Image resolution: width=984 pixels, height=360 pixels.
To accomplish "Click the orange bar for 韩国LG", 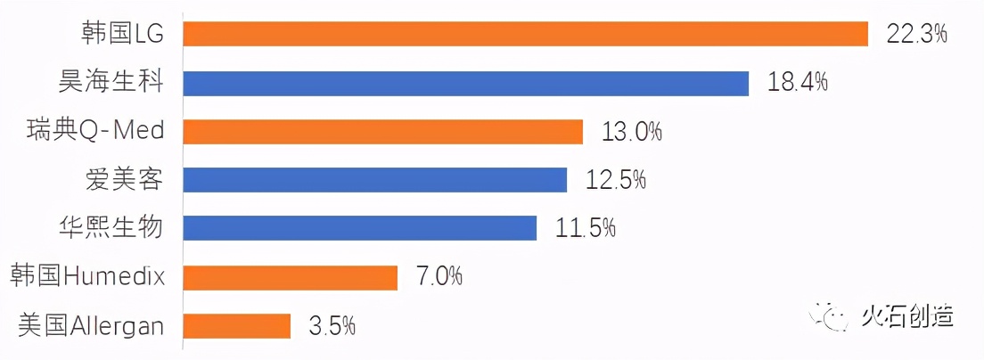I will tap(525, 34).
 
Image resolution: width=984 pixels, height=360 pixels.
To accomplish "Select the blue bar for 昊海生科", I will tap(465, 83).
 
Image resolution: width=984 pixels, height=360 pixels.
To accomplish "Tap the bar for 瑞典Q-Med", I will tap(382, 132).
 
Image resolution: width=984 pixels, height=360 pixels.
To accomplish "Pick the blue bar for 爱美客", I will tap(374, 180).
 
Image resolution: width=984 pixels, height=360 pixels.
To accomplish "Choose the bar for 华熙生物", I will tap(359, 228).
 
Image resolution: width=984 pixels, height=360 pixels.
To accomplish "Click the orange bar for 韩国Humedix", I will tap(290, 277).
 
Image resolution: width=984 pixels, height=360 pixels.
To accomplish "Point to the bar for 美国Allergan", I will tap(236, 326).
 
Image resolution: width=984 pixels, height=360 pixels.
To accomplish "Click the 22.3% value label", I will tap(915, 34).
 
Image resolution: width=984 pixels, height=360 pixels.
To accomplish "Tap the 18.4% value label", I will tap(798, 83).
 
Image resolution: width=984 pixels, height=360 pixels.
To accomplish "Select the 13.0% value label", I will tap(632, 132).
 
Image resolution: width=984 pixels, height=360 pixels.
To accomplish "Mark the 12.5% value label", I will tap(616, 180).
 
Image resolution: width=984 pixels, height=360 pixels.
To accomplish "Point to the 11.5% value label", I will tap(586, 228).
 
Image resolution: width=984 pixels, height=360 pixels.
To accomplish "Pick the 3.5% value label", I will tap(332, 326).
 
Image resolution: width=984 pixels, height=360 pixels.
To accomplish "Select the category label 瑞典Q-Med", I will tap(95, 131).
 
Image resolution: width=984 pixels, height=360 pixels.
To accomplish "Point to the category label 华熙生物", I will tap(111, 228).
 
